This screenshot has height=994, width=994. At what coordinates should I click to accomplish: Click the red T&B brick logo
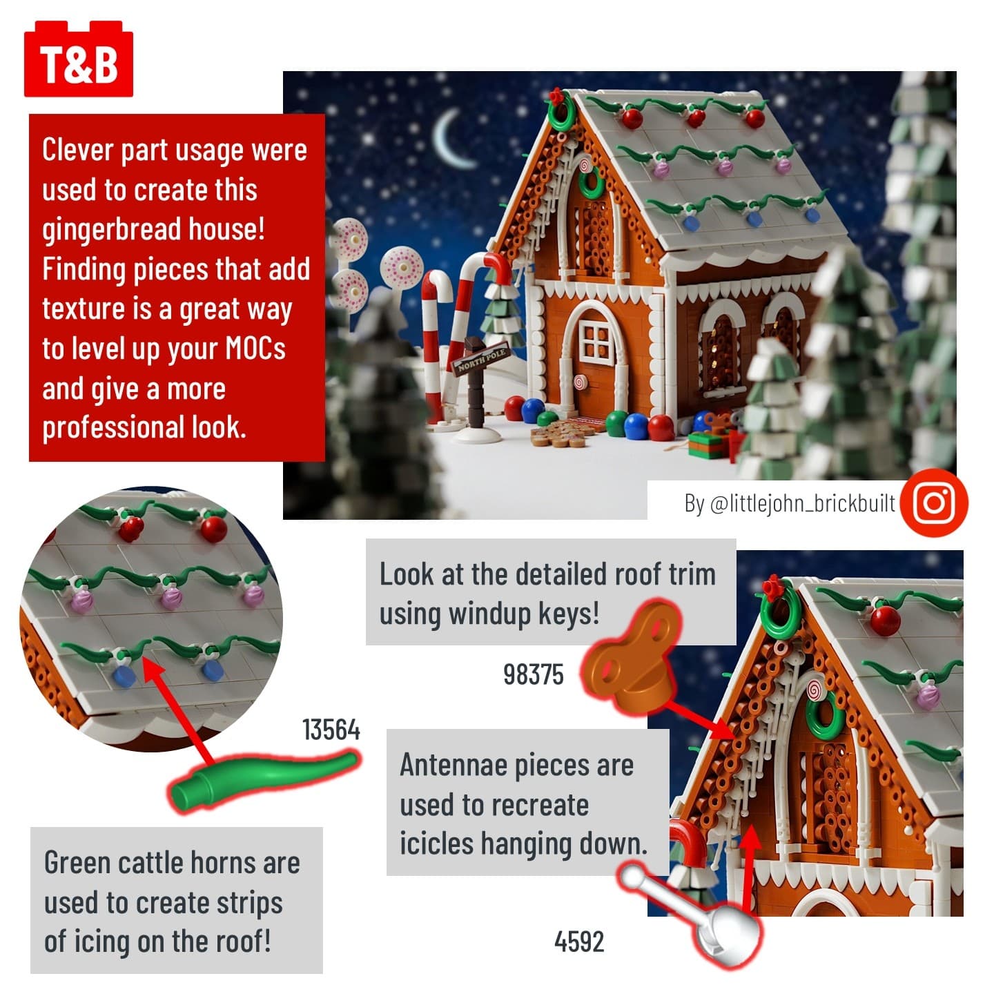pos(79,59)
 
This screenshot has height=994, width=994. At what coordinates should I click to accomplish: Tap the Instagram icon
pos(934,503)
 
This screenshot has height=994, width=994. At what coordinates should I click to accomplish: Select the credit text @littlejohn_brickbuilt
pos(802,503)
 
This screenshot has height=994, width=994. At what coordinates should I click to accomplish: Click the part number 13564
pos(331,730)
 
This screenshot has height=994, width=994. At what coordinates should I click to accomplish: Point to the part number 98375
pos(534,674)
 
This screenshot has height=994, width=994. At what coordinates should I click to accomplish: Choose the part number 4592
pos(578,942)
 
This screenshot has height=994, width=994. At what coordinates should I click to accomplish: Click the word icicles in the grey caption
pos(436,844)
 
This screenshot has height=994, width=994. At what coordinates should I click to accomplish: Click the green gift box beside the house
pos(708,445)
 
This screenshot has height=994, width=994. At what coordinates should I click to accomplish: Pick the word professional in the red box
pos(113,428)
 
